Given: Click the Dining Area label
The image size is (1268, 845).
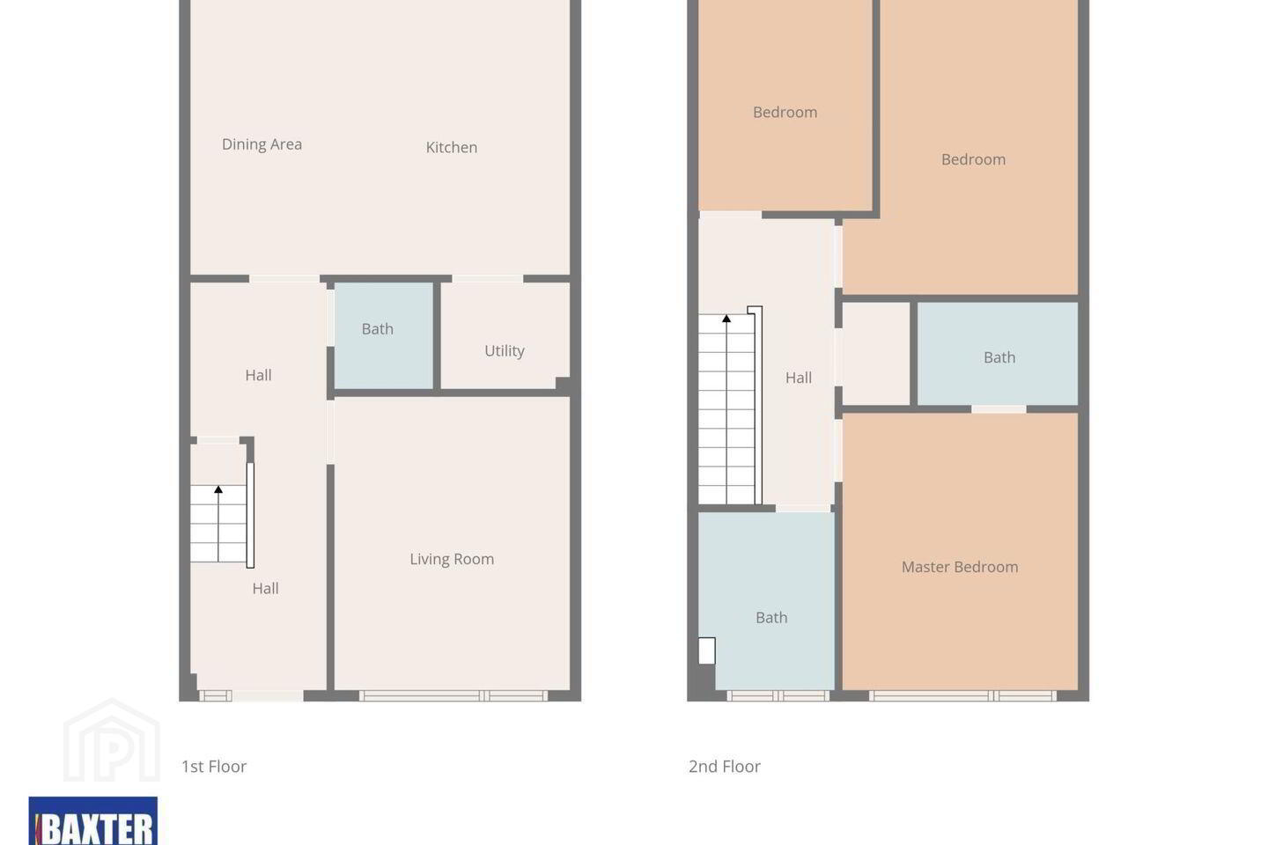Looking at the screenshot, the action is (262, 144).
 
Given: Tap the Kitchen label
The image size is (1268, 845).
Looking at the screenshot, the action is (451, 147).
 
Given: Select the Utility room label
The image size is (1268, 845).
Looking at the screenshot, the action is (505, 351).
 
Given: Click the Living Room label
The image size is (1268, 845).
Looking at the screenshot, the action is (452, 559).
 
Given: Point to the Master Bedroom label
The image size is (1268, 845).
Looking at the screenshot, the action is (960, 567).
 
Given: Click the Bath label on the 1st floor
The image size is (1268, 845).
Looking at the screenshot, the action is (377, 329).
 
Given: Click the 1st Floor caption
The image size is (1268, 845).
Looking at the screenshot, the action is (213, 767).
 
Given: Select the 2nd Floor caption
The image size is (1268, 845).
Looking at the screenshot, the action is (724, 767).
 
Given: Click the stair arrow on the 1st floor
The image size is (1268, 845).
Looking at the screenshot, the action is (218, 524).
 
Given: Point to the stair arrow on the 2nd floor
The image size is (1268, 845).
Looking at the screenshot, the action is (726, 408).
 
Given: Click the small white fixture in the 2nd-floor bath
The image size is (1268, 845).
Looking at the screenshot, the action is (706, 650).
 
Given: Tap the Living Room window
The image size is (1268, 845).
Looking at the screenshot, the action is (453, 695).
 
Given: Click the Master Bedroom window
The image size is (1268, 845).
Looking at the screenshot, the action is (962, 695).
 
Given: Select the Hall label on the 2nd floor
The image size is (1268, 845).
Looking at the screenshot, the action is (798, 378).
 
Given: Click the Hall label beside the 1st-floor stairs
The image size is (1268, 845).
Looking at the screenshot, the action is (265, 589).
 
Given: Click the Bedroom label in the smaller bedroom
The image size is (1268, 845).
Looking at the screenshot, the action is (785, 112).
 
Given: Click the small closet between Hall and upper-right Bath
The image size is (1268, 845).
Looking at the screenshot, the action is (875, 354).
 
